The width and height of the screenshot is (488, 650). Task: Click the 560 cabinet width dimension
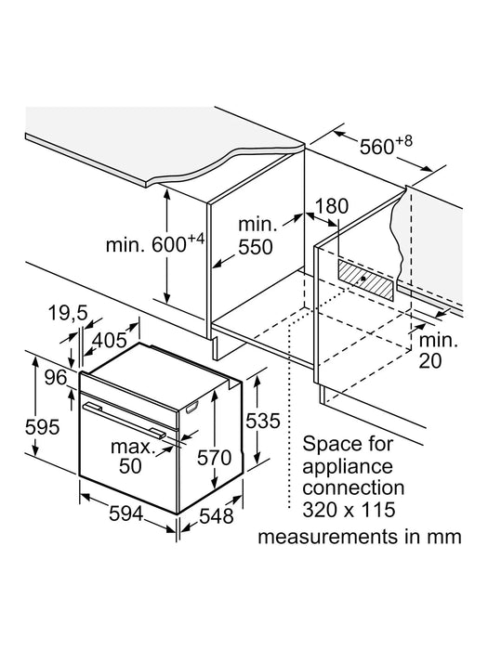(386, 145)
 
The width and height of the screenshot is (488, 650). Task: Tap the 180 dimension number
(331, 206)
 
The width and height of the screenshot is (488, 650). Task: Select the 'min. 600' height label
(155, 243)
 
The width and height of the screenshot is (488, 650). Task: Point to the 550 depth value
(256, 247)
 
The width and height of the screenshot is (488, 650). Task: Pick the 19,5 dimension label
(68, 313)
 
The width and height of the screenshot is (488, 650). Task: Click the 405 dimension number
(109, 341)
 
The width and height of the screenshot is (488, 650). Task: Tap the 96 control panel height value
(56, 377)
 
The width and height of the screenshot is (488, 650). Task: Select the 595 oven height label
(42, 427)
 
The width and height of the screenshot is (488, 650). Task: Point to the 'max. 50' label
(130, 457)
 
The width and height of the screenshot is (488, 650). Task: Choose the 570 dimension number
(214, 458)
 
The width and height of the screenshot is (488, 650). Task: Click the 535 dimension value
(263, 421)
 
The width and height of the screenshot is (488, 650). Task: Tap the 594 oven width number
(126, 514)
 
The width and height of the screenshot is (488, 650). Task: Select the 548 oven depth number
(217, 516)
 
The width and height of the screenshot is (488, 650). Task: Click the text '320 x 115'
(349, 510)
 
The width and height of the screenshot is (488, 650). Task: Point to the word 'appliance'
(348, 467)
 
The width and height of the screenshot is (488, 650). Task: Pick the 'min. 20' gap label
(438, 350)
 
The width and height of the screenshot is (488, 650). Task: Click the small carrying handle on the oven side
(191, 407)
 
